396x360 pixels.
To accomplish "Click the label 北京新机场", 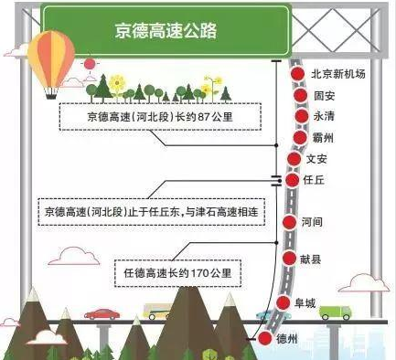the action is tap(337, 75).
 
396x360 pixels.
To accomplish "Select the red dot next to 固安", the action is tap(298, 95).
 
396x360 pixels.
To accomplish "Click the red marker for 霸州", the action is tap(300, 138).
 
